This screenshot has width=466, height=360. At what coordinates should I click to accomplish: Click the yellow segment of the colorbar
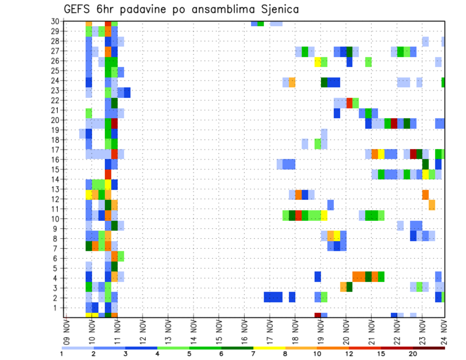click(x=269, y=348)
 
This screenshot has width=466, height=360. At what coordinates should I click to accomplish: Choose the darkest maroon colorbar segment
click(x=429, y=348)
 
